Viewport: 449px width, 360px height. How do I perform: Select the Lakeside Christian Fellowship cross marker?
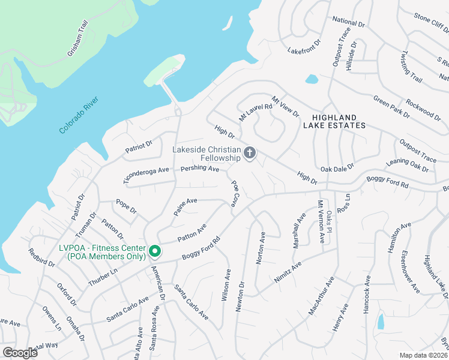[x=250, y=154]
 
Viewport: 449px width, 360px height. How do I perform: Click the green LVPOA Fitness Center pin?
[x=154, y=250]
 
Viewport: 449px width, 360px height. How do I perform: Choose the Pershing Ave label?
[x=200, y=169]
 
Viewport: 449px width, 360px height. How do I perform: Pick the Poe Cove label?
[x=235, y=193]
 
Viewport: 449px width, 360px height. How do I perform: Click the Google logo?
[x=20, y=353]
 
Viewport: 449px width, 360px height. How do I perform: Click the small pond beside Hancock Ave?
[x=381, y=322]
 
